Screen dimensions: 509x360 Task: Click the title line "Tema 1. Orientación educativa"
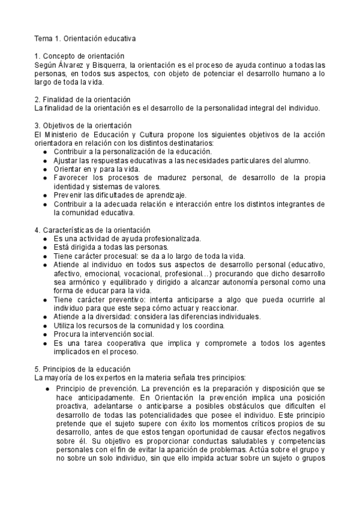(85, 39)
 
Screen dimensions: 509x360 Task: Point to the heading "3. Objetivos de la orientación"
(83, 125)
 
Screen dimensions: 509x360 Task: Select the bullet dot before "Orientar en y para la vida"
(45, 169)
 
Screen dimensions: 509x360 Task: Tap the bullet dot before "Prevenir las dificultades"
(45, 195)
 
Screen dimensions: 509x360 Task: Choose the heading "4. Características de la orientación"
(92, 230)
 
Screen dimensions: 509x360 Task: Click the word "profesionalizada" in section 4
(172, 238)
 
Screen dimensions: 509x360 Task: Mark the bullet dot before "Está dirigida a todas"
(45, 247)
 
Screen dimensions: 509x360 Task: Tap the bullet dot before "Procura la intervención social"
(45, 334)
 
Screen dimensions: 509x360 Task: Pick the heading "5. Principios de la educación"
(82, 369)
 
